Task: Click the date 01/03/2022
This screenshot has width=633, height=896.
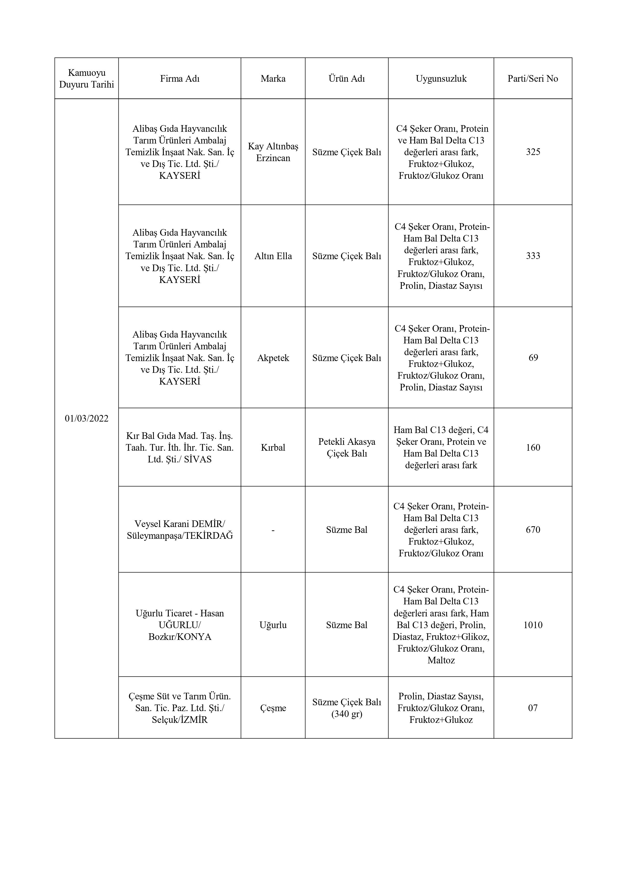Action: tap(86, 418)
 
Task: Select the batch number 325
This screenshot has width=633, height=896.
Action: tap(533, 152)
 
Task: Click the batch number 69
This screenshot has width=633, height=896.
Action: tap(533, 358)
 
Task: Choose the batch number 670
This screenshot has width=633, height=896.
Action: tap(533, 530)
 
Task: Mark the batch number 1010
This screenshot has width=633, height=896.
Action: tap(533, 625)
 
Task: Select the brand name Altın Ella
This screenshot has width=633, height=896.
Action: tap(273, 256)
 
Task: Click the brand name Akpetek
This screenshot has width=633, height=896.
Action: tap(273, 358)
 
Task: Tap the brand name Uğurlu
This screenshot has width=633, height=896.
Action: tap(273, 625)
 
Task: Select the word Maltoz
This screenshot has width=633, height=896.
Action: tap(441, 660)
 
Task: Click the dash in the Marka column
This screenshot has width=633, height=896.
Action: tap(273, 530)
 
